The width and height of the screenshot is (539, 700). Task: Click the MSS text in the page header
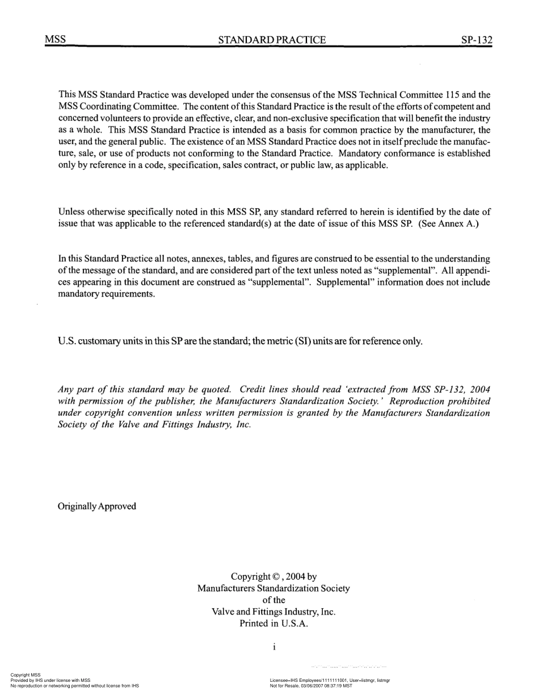55,40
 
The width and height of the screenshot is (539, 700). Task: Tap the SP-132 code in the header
477,40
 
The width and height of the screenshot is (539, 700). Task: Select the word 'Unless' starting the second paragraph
71,212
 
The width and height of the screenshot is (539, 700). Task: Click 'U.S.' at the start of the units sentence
67,341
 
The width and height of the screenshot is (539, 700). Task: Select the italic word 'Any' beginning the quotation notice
66,390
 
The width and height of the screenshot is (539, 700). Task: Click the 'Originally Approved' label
97,506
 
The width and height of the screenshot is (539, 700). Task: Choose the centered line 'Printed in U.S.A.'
273,624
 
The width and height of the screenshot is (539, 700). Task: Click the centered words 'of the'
273,600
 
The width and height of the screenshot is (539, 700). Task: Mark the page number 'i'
274,647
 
